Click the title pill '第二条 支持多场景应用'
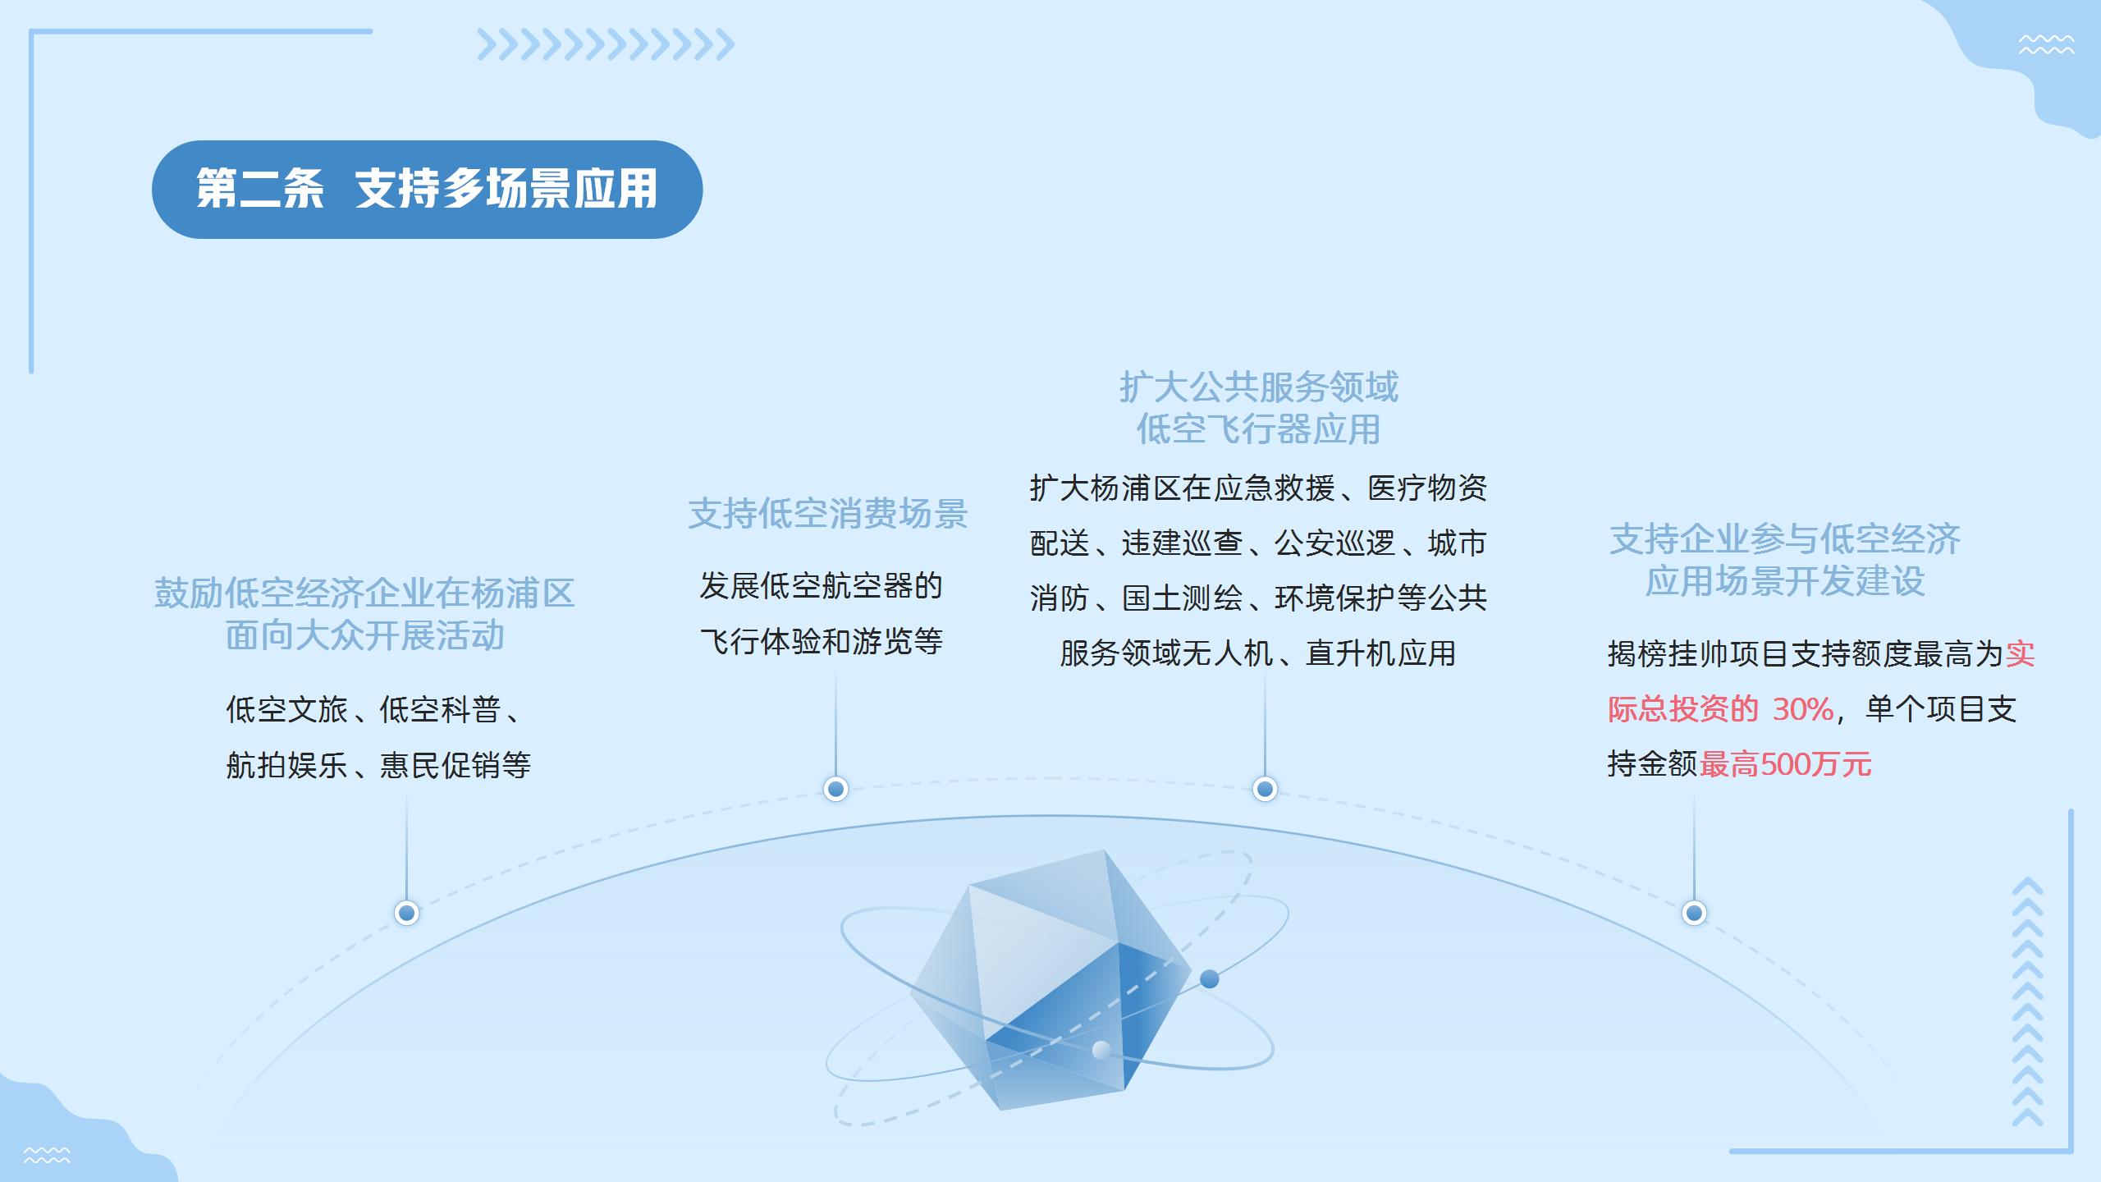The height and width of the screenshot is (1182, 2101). pos(427,190)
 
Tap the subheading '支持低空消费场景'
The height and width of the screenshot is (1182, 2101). pos(828,514)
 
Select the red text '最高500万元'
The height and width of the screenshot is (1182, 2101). pos(1786,764)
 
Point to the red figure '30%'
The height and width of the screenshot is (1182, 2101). pos(1802,709)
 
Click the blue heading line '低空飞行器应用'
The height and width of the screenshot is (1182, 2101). pos(1258,429)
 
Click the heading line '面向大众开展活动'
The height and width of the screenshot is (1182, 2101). pos(365,636)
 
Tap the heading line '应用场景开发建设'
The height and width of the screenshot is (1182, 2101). pos(1785,582)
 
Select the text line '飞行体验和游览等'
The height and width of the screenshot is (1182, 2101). pos(822,642)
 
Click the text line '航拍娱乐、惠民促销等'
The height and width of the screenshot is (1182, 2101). pos(378,766)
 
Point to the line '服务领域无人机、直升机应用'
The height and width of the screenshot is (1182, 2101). pos(1258,654)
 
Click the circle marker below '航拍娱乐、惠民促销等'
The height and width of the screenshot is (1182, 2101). pos(407,913)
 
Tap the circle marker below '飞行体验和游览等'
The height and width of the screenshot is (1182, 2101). pos(835,789)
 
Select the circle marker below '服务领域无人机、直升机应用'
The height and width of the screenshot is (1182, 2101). pos(1265,789)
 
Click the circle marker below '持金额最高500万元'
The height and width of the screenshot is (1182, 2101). pos(1694,913)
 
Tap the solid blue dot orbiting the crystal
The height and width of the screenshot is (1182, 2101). pos(1209,978)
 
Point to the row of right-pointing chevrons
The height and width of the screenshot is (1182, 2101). pos(606,45)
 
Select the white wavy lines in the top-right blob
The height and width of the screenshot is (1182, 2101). pos(2046,45)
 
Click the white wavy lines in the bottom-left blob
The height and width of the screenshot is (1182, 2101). pos(47,1156)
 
